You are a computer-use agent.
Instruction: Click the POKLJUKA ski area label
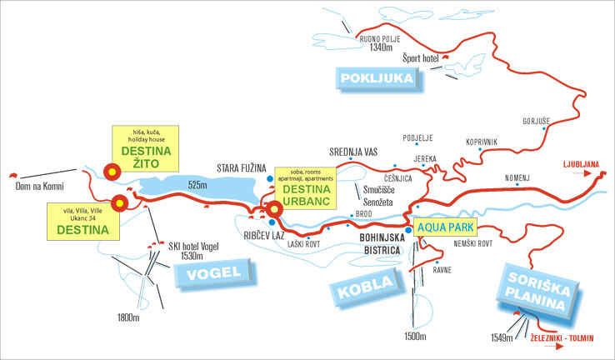click(x=377, y=78)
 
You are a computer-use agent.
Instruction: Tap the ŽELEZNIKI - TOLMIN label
click(x=564, y=339)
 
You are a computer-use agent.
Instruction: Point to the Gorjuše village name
click(x=536, y=122)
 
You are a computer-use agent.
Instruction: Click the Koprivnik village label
click(x=481, y=142)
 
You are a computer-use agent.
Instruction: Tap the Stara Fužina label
click(x=241, y=167)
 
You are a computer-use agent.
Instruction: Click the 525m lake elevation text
click(x=197, y=184)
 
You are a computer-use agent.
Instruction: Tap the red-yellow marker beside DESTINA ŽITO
click(x=111, y=172)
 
